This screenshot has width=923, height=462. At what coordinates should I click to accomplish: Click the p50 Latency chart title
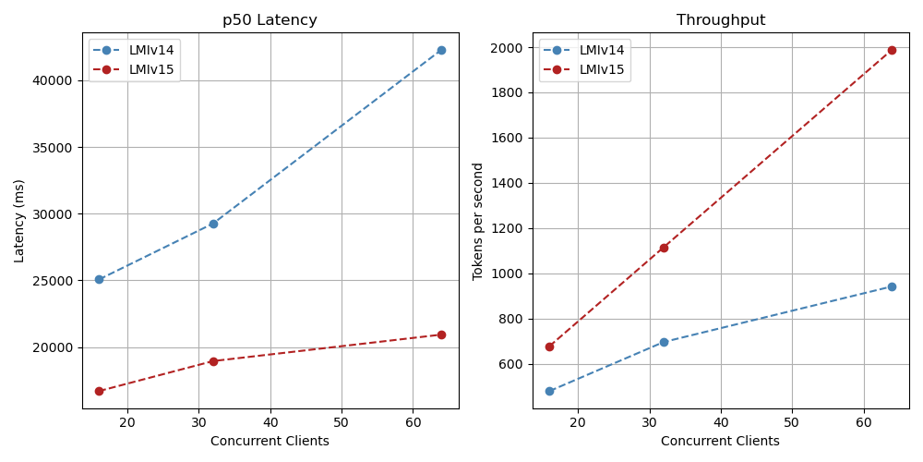pos(270,20)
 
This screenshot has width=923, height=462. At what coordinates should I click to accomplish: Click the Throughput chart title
pos(720,20)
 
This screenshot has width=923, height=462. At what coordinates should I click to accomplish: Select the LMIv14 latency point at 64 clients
pos(441,50)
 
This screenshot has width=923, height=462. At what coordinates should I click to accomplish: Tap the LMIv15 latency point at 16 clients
pos(99,391)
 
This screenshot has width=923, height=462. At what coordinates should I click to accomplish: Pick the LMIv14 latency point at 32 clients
pos(213,224)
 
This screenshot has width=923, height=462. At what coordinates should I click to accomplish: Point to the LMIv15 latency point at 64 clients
pos(441,334)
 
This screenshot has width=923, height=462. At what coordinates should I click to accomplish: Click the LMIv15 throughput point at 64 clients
pos(892,50)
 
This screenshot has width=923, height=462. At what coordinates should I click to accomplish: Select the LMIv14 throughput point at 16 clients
pos(549,391)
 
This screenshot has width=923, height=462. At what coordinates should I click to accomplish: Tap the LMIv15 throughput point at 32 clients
pos(664,248)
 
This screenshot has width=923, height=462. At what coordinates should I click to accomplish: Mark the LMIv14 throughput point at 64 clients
pos(892,286)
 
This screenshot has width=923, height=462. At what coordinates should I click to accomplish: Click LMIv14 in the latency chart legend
pos(151,50)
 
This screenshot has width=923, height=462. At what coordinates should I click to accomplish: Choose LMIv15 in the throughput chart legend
pos(602,69)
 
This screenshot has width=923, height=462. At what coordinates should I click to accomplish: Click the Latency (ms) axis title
pos(19,221)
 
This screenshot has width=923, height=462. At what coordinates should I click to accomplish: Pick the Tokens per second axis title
pos(478,221)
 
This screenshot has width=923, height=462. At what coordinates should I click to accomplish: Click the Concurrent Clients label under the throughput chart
pos(720,442)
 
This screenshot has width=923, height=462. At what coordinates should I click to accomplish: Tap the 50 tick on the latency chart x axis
pos(342,423)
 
